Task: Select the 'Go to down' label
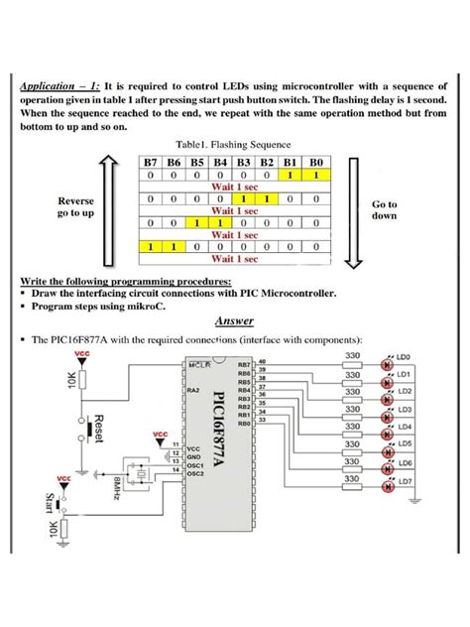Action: pyautogui.click(x=385, y=209)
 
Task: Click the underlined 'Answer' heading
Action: pyautogui.click(x=235, y=320)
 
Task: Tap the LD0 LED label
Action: pyautogui.click(x=404, y=356)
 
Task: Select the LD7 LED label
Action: pyautogui.click(x=404, y=481)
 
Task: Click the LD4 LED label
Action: pyautogui.click(x=404, y=428)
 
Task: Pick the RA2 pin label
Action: pyautogui.click(x=193, y=392)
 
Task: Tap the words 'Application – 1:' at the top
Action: pyautogui.click(x=59, y=86)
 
